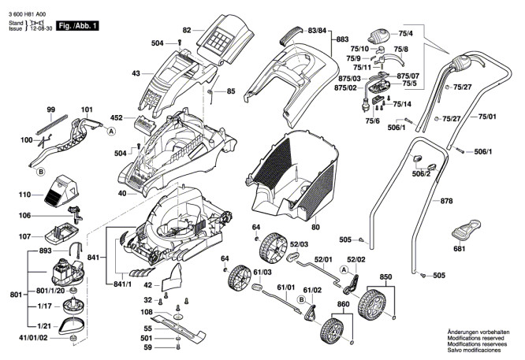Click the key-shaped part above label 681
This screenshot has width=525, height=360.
[465, 231]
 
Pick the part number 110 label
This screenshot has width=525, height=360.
[24, 194]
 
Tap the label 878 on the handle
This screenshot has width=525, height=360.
[446, 202]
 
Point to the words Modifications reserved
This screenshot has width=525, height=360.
[475, 339]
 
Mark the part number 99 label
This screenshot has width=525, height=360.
[50, 109]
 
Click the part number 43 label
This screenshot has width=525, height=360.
[136, 73]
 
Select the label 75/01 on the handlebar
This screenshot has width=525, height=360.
[488, 116]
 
